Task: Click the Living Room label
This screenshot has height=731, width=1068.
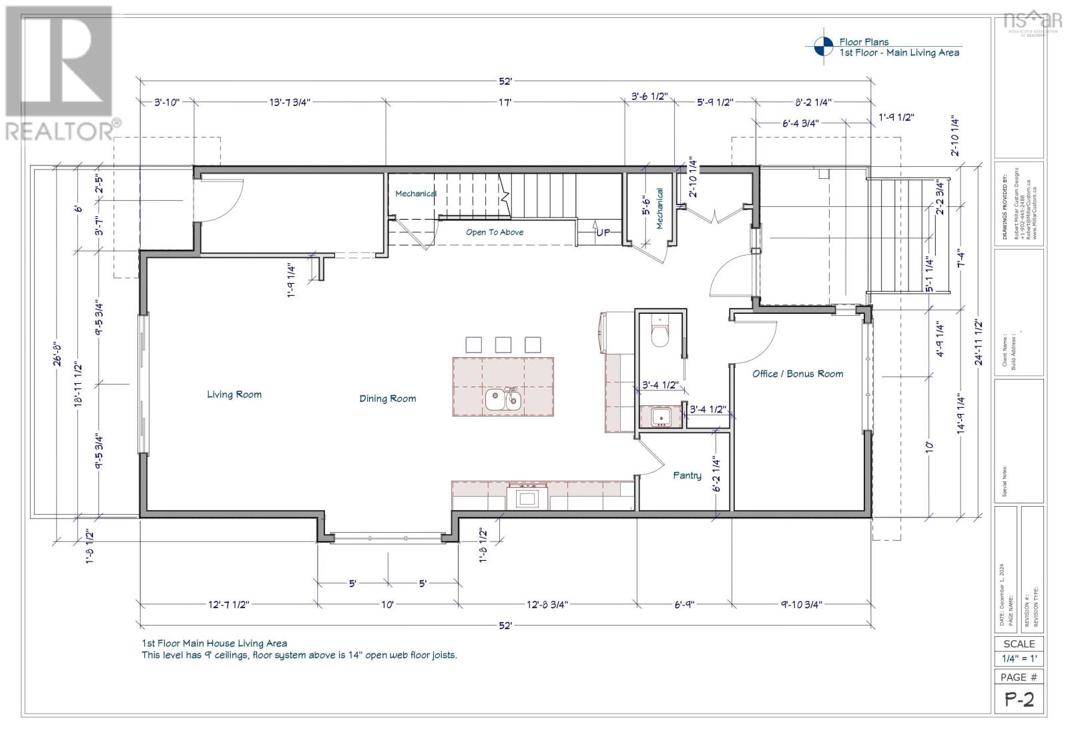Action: (x=234, y=395)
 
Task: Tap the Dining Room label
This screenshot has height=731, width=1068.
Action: (x=387, y=399)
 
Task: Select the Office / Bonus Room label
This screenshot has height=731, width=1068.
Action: (x=798, y=374)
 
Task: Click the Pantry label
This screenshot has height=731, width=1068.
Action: (x=687, y=475)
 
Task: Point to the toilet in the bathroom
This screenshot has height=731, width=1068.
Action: (x=659, y=333)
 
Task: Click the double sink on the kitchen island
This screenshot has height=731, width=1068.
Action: (x=503, y=400)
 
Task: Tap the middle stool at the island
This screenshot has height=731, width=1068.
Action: (x=503, y=344)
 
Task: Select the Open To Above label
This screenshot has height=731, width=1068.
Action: (x=495, y=232)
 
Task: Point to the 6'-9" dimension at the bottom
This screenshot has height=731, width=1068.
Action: (x=685, y=604)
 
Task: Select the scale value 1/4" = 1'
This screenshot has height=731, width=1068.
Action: (x=1019, y=659)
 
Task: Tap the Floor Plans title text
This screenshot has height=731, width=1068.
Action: (x=864, y=41)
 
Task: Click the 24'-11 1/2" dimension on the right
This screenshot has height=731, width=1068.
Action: (x=979, y=342)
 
